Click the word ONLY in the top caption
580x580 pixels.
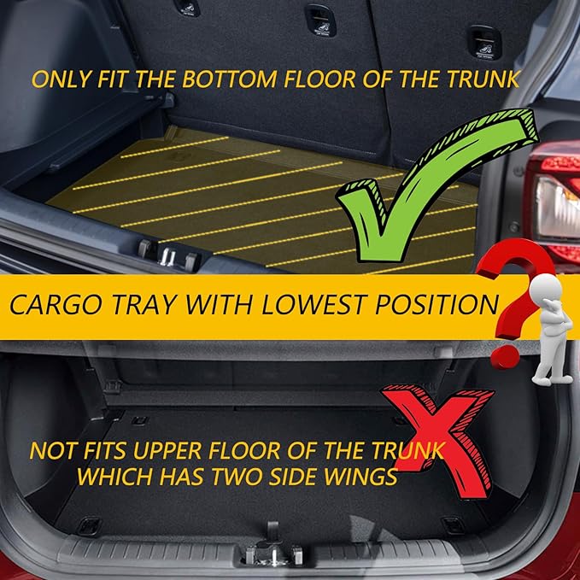click(x=58, y=79)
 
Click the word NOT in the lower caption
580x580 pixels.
click(x=50, y=450)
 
